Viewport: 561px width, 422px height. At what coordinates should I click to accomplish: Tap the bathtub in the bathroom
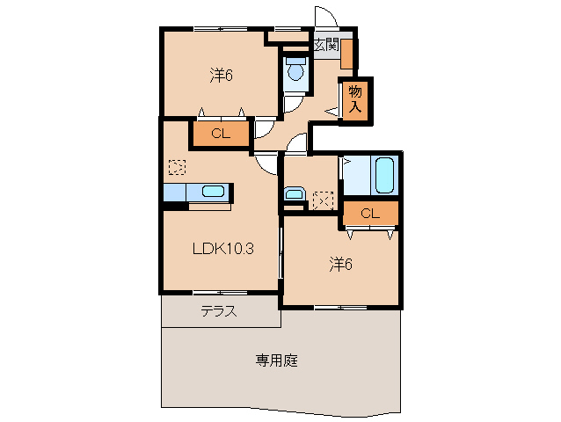[x=384, y=175]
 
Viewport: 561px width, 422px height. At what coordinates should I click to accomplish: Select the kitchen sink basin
[x=214, y=191]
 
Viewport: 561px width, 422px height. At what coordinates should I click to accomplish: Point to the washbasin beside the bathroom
[x=294, y=194]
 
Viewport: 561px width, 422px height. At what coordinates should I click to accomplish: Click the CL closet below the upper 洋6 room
[x=220, y=134]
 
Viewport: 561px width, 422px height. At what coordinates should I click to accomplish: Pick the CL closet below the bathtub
[x=369, y=213]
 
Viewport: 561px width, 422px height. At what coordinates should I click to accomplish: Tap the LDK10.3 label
[x=223, y=248]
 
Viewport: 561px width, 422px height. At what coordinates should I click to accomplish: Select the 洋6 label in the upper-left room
[x=221, y=76]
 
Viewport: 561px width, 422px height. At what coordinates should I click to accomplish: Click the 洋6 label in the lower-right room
[x=340, y=262]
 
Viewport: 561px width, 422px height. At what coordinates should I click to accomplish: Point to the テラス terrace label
[x=217, y=310]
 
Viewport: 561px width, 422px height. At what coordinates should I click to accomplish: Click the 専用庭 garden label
[x=276, y=360]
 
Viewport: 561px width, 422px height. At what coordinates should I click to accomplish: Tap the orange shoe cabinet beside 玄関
[x=346, y=55]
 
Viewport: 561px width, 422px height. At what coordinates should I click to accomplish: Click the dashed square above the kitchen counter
[x=177, y=166]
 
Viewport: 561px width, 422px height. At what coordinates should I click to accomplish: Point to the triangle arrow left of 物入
[x=331, y=111]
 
